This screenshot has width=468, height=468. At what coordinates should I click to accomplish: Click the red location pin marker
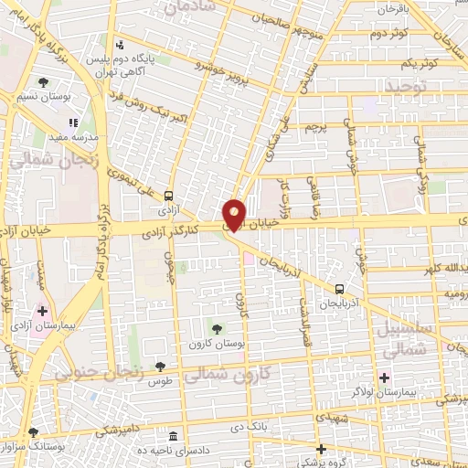click(235, 214)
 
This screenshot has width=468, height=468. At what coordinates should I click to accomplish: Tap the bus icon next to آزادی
click(168, 196)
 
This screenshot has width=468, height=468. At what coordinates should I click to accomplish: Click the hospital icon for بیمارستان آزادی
click(42, 311)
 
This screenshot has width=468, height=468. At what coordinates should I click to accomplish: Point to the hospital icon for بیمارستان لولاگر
click(385, 377)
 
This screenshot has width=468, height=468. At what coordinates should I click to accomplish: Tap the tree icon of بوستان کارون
click(217, 328)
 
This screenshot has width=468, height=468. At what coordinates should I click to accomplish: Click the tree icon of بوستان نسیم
click(43, 83)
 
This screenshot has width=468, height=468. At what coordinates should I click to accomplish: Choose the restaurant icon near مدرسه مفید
click(74, 122)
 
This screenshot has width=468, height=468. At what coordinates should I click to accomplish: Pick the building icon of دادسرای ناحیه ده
click(174, 435)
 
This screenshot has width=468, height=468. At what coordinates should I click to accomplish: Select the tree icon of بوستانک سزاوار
click(34, 432)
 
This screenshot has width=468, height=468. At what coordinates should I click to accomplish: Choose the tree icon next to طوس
click(161, 365)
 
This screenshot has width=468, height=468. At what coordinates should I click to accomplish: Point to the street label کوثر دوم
click(387, 35)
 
